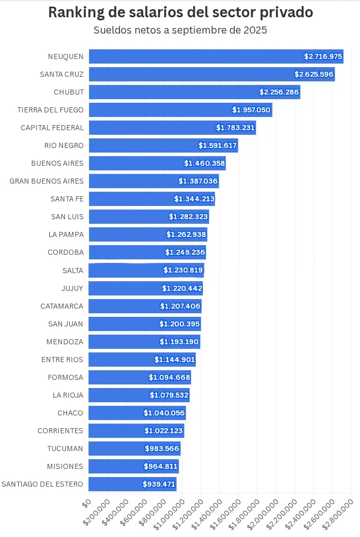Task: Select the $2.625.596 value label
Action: click(x=314, y=74)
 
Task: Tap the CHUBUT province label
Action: click(x=69, y=92)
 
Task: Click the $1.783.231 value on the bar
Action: click(x=235, y=128)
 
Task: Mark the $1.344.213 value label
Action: click(x=194, y=199)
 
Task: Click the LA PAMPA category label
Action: click(x=66, y=234)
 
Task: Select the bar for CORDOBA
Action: click(x=127, y=252)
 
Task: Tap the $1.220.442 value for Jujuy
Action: click(x=182, y=288)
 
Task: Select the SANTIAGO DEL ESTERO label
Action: click(x=43, y=484)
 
